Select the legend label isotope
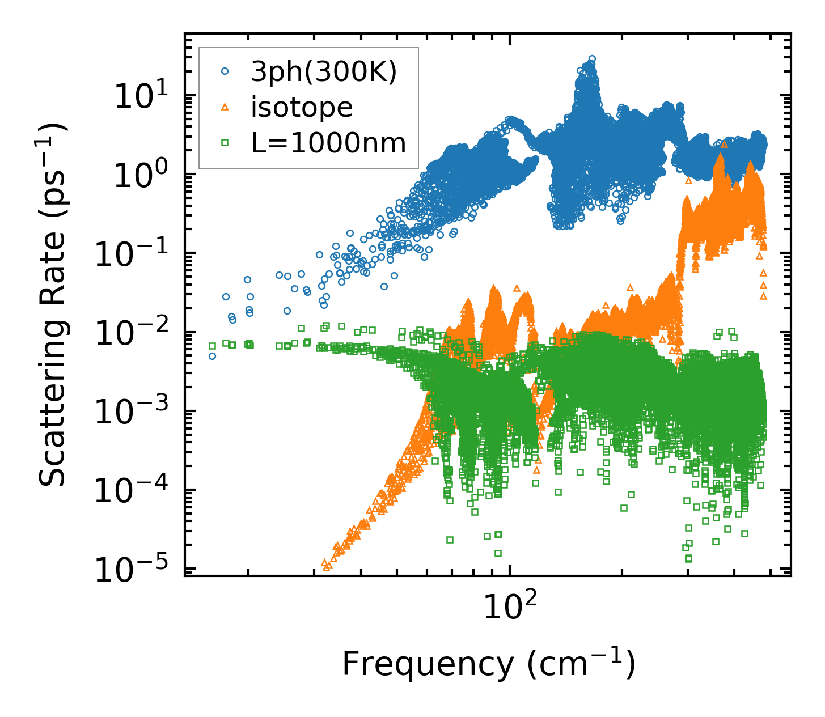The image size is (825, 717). tap(302, 108)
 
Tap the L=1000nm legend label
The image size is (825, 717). tap(329, 143)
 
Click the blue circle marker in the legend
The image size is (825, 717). tap(225, 71)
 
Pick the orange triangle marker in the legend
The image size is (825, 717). tap(225, 107)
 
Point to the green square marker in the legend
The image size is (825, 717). tap(225, 143)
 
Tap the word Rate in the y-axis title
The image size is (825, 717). tap(52, 292)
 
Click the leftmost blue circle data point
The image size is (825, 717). tap(212, 357)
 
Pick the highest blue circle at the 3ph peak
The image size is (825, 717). tap(592, 58)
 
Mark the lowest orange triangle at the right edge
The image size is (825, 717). tap(764, 296)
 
